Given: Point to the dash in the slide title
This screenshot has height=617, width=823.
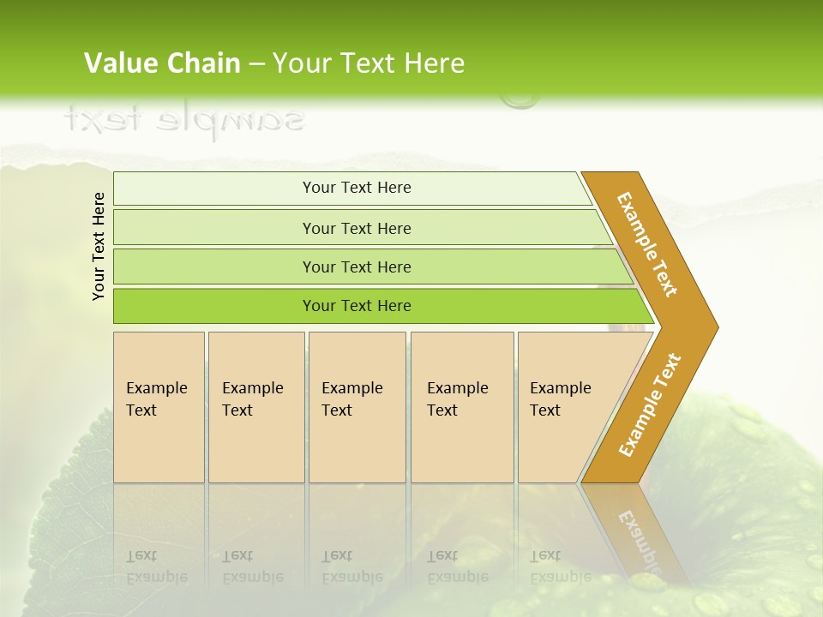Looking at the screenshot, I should point(256,64).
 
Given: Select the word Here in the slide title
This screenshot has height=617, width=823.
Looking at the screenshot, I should point(433,63).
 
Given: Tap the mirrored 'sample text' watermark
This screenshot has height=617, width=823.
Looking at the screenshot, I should point(183,119).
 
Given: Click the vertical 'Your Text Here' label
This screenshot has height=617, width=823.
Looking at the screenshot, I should point(99,246).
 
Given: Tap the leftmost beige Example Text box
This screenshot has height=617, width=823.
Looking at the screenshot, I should point(159,406).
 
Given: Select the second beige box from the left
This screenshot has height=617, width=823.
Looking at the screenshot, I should point(256,406).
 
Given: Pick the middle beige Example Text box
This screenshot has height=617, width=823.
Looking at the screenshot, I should point(357,406).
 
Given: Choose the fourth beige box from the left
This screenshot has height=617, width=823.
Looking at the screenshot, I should point(462,406).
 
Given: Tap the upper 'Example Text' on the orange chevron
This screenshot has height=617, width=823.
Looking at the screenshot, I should point(647,244).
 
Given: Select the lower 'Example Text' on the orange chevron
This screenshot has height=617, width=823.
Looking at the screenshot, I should point(649,405).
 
